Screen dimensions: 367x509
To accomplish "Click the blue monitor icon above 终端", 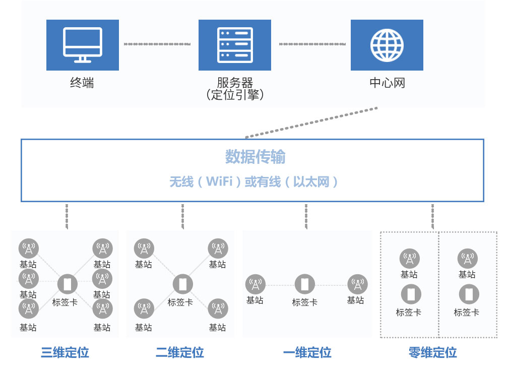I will [x=83, y=45].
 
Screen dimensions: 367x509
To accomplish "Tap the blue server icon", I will [x=234, y=45].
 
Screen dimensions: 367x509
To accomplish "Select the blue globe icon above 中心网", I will [x=387, y=45].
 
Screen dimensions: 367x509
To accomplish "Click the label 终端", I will [x=82, y=83].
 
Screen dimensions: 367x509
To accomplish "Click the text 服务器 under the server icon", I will [x=235, y=82].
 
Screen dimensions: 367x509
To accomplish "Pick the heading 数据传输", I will [x=255, y=157].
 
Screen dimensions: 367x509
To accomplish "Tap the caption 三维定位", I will [x=65, y=352].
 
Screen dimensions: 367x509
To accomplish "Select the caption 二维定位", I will [x=180, y=352].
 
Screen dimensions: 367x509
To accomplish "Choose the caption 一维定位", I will [x=307, y=352].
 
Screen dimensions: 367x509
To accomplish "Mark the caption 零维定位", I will [x=432, y=352].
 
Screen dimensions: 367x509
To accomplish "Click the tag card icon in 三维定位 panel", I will [x=67, y=284].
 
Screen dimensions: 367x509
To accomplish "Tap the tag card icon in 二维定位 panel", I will [x=182, y=284].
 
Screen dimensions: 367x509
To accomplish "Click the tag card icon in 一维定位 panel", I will [x=304, y=284].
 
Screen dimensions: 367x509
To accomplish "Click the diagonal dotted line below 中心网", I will [x=311, y=122].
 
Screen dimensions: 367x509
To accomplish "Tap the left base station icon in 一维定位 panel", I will [x=255, y=284].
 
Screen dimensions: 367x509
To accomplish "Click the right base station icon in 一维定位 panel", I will [x=357, y=284].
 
